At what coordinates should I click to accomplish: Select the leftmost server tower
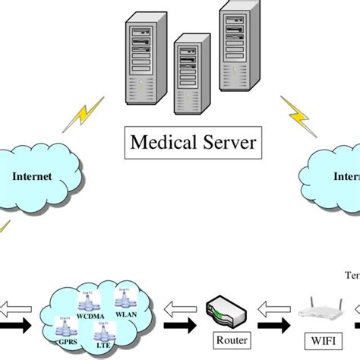click(x=144, y=58)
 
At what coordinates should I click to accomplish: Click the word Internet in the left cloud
click(x=31, y=175)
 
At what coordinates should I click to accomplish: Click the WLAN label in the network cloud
click(x=126, y=311)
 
